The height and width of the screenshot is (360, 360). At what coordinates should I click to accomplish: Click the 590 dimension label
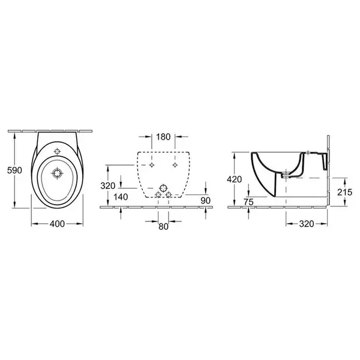point(14,170)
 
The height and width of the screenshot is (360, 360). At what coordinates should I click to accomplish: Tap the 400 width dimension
point(57,224)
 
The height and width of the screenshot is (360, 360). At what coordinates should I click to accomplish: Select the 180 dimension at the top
point(163,137)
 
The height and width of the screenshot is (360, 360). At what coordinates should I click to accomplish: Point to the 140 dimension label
point(121,197)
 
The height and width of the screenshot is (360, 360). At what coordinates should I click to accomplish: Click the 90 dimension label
point(205,200)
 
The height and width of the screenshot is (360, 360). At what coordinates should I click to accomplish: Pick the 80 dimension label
point(163,227)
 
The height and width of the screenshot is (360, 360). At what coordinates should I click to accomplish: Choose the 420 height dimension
point(235,179)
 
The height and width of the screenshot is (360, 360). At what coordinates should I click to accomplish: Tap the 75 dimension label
point(248,202)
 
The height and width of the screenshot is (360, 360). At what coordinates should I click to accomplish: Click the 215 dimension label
point(344,192)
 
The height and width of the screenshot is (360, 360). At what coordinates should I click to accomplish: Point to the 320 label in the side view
point(307,224)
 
